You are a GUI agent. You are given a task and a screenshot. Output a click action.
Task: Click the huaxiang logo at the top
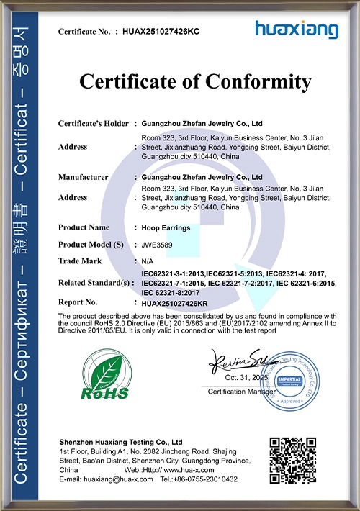coord(296,30)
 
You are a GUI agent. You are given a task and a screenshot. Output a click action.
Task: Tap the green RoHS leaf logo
coord(106,374)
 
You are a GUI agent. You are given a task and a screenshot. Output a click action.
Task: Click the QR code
coord(292,459)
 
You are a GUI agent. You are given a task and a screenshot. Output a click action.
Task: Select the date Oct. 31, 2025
coord(247,377)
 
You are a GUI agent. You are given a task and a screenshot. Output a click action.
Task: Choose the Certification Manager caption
coord(242,391)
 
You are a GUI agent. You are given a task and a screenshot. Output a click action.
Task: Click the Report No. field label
coord(78,302)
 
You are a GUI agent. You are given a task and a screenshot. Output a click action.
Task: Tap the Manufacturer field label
coord(84,177)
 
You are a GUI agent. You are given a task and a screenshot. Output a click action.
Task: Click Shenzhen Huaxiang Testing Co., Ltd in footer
coord(120,441)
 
